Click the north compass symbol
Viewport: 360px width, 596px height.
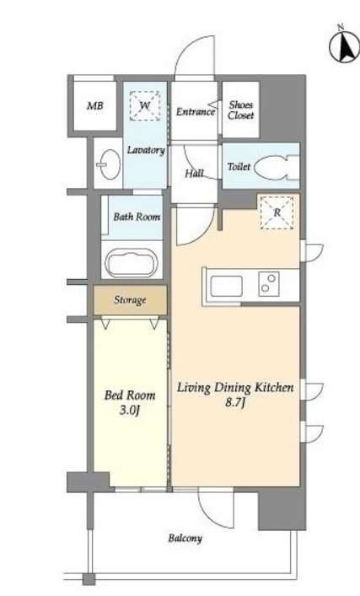pyautogui.click(x=344, y=46)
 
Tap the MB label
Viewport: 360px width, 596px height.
pyautogui.click(x=95, y=105)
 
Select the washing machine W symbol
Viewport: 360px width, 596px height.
pyautogui.click(x=145, y=105)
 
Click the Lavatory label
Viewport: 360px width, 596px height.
pyautogui.click(x=146, y=150)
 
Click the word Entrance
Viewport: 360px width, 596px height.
pyautogui.click(x=196, y=112)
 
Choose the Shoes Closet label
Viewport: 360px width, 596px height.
pyautogui.click(x=241, y=110)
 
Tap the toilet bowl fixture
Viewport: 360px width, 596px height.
pyautogui.click(x=277, y=167)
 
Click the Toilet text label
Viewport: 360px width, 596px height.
pyautogui.click(x=239, y=166)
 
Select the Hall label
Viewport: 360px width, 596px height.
pyautogui.click(x=194, y=174)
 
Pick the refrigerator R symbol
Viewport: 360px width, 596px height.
pyautogui.click(x=277, y=212)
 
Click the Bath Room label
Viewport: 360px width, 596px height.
pyautogui.click(x=137, y=217)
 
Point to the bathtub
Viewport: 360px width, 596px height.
pyautogui.click(x=132, y=262)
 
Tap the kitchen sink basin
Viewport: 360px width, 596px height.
pyautogui.click(x=227, y=286)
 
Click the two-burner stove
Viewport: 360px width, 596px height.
pyautogui.click(x=269, y=283)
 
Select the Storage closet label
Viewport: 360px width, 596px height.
pyautogui.click(x=130, y=300)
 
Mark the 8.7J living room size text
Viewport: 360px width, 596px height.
pyautogui.click(x=234, y=402)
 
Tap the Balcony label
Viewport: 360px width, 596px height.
pyautogui.click(x=185, y=538)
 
